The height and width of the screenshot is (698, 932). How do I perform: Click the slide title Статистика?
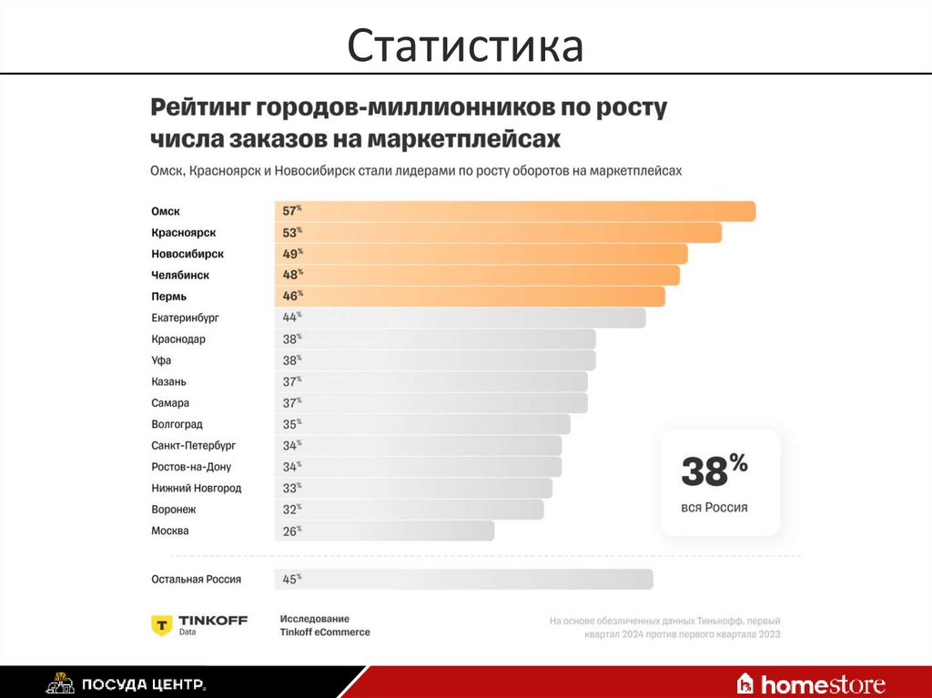coord(465,46)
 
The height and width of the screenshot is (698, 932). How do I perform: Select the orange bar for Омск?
coord(515,211)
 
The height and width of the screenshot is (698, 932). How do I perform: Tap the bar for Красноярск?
coord(498,233)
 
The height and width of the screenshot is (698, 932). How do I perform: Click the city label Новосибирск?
coord(187,254)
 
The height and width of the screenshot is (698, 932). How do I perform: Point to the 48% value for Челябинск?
coord(291,275)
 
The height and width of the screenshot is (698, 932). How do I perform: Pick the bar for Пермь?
coord(470,297)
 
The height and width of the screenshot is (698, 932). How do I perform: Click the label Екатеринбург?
coord(186,318)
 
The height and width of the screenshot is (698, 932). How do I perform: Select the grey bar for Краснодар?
coord(435,339)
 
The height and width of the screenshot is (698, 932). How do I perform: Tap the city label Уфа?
coord(161,360)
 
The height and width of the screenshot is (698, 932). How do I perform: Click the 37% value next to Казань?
coord(291,382)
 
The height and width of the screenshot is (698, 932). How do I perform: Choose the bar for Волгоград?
coord(422,424)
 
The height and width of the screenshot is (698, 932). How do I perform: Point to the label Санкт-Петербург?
coord(194,446)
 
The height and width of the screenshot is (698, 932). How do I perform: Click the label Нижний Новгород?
coord(197,488)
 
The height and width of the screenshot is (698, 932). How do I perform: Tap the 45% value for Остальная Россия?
coord(291,579)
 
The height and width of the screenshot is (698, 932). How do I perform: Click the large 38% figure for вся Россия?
coord(714,471)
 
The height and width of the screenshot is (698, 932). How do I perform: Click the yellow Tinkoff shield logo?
coord(162,624)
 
